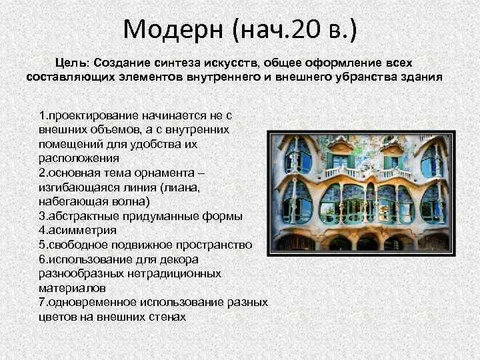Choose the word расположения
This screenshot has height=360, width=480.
coord(79,158)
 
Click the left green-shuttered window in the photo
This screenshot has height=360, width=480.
coord(340,161)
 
